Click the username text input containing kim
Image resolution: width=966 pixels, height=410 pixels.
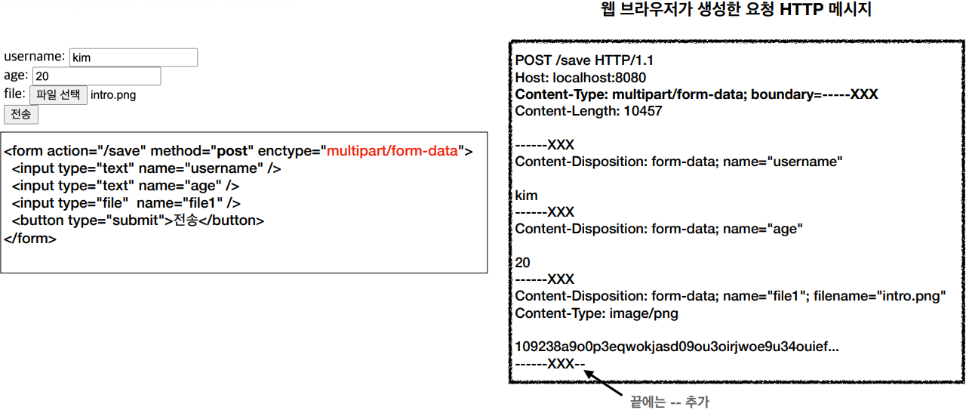(133, 57)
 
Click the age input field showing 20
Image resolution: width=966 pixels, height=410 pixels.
(97, 76)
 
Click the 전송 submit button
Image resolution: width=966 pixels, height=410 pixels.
(21, 114)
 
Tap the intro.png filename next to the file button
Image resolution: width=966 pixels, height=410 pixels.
(113, 95)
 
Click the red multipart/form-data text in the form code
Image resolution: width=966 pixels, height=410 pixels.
(392, 151)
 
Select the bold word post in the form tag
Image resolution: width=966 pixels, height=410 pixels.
(232, 151)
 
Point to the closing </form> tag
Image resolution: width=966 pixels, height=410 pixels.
(30, 239)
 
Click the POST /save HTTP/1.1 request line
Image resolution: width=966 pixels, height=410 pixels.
(585, 60)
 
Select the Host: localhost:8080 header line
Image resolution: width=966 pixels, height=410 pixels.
(580, 78)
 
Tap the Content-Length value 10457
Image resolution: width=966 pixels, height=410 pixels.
(642, 111)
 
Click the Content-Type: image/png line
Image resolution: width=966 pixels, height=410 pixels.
(595, 313)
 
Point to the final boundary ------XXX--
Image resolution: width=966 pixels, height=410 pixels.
(550, 364)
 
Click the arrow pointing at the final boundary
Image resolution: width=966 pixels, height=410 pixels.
(604, 381)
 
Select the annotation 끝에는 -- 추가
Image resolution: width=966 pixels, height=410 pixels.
(669, 402)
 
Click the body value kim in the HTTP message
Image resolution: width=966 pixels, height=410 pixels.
(526, 196)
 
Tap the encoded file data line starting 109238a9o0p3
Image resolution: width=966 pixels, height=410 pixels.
(676, 347)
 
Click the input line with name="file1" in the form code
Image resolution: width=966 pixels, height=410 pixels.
(126, 203)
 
